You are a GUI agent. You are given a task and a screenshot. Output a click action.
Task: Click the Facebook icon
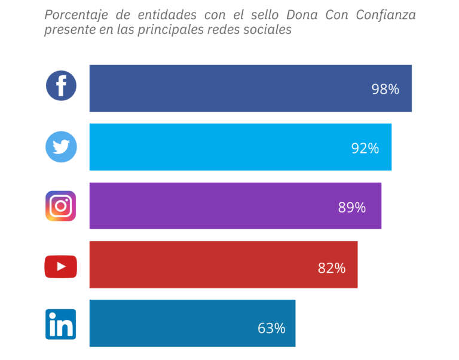61,86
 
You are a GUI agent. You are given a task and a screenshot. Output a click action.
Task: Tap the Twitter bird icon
61,147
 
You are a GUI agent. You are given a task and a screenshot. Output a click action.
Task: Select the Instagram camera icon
60,206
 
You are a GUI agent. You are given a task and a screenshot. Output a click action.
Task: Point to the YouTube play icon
60,266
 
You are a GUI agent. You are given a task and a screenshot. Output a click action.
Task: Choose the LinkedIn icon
60,324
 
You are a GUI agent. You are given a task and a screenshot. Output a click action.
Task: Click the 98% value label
385,90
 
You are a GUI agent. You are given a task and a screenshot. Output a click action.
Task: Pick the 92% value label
365,149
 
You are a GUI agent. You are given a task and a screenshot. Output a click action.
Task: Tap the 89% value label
351,208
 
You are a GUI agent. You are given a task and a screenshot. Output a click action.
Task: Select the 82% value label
332,268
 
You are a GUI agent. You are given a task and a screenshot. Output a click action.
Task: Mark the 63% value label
271,328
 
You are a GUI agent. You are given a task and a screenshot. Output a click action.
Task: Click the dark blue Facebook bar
239,88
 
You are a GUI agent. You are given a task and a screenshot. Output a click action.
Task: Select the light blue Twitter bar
227,147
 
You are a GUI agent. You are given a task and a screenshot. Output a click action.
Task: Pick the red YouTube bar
203,264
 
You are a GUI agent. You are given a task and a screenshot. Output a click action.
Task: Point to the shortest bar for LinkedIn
179,323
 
